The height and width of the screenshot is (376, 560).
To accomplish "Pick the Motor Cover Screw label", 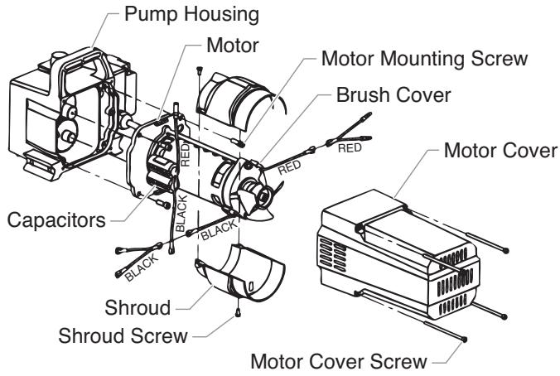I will pyautogui.click(x=340, y=361).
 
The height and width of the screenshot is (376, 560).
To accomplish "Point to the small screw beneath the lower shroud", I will pyautogui.click(x=238, y=313).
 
